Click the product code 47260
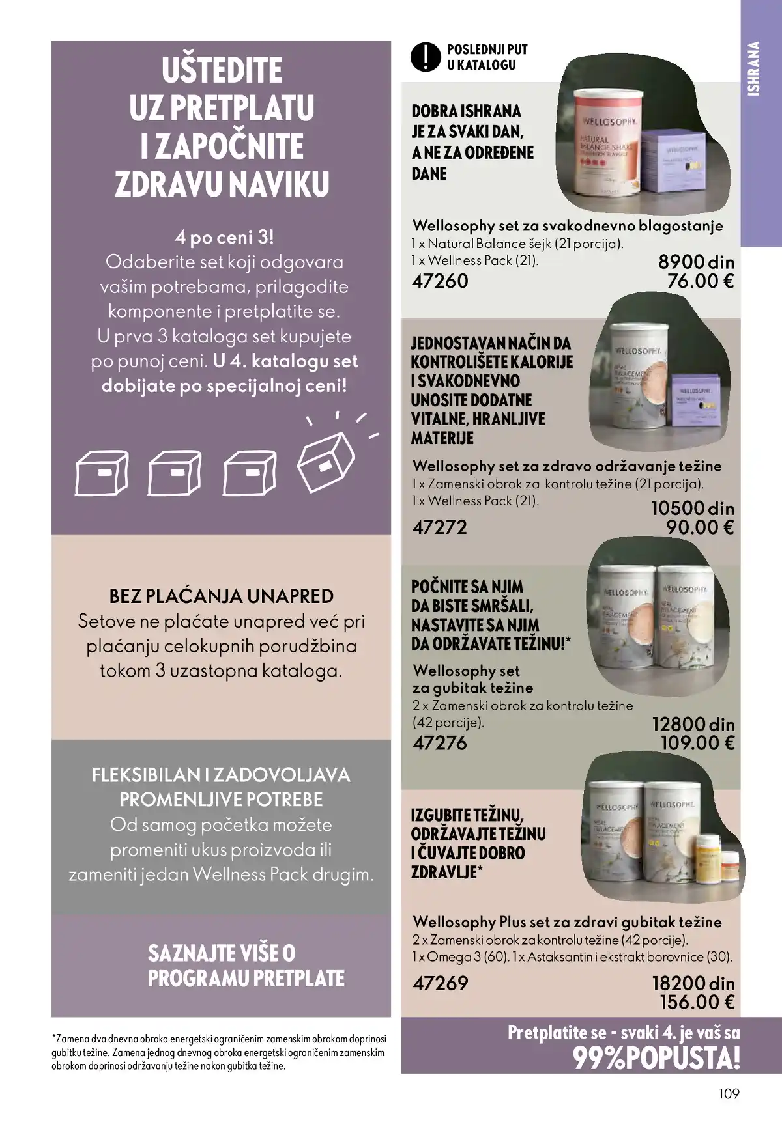tap(441, 281)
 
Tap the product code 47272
tap(440, 527)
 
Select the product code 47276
tap(440, 743)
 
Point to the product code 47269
tap(441, 983)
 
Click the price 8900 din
tap(696, 262)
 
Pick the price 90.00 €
tap(700, 527)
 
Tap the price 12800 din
tap(693, 725)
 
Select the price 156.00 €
tap(697, 1002)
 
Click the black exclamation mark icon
tap(426, 57)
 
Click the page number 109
tap(729, 1093)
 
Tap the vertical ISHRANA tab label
tap(755, 69)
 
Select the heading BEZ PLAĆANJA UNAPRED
tap(222, 596)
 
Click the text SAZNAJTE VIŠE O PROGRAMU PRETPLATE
tap(246, 966)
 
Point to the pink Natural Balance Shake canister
tap(605, 143)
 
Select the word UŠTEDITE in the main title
tap(222, 71)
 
